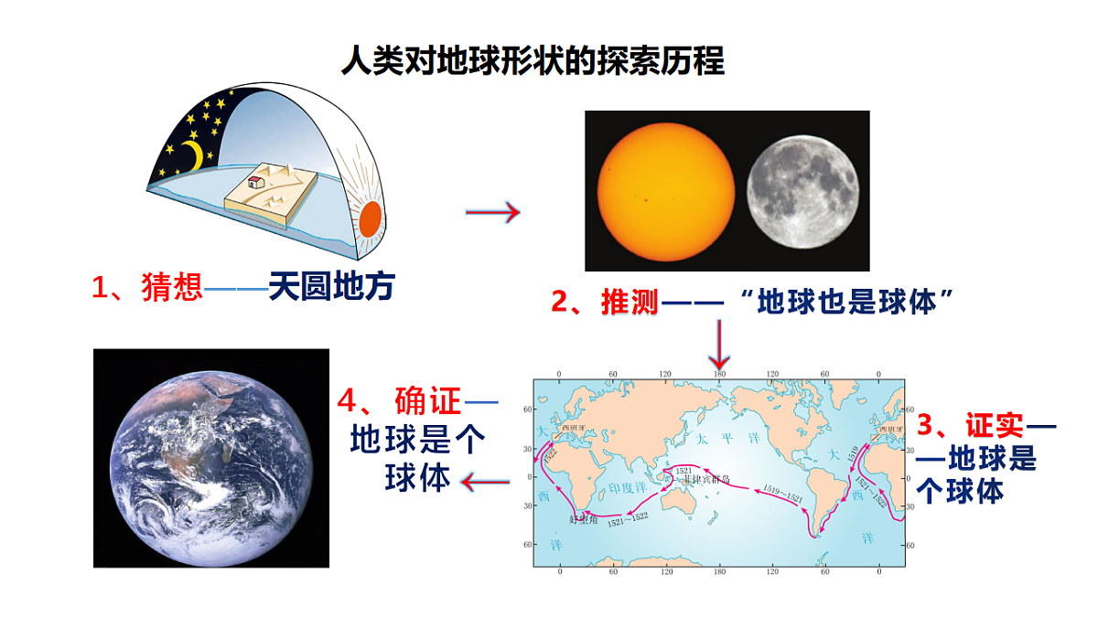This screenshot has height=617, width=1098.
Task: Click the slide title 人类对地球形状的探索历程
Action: point(532,61)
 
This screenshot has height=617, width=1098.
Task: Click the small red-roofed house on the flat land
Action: point(256,181)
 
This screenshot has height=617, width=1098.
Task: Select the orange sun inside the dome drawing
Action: point(369,220)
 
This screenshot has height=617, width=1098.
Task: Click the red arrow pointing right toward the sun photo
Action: point(492,213)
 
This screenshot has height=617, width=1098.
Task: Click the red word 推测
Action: point(630,301)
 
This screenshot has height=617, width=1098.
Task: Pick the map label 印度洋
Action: point(621,487)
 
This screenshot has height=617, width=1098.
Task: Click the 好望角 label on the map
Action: point(583,520)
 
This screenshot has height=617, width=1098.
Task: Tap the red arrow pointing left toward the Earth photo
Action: point(485,481)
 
